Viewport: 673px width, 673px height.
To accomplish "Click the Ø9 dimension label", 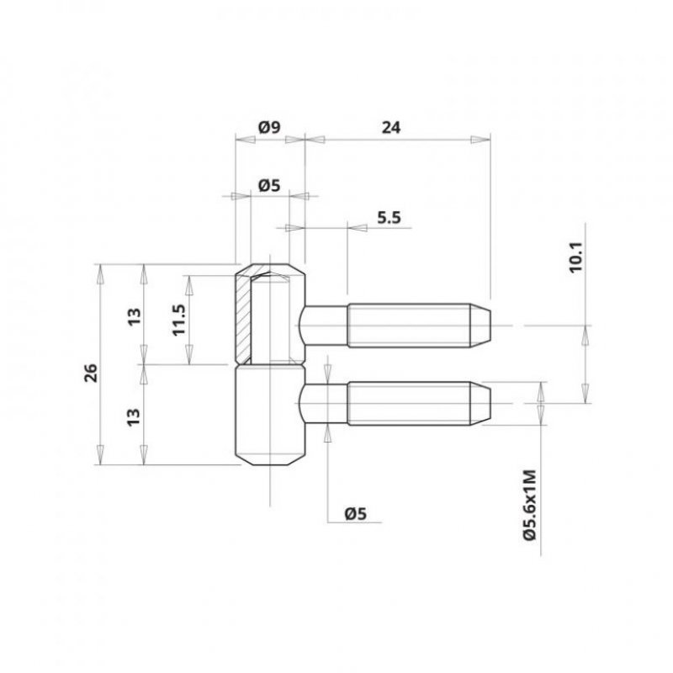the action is pyautogui.click(x=269, y=128).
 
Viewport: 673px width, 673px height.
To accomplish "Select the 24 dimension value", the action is pyautogui.click(x=391, y=128).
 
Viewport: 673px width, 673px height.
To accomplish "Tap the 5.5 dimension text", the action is pyautogui.click(x=389, y=218).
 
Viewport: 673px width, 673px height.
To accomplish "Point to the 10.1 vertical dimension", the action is pyautogui.click(x=575, y=257).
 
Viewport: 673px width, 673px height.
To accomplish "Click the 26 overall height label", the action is pyautogui.click(x=92, y=373).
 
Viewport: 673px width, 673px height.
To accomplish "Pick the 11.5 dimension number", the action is pyautogui.click(x=178, y=320).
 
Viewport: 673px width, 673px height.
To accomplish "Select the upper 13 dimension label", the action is pyautogui.click(x=135, y=317).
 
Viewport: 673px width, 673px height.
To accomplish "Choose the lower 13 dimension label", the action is pyautogui.click(x=134, y=416).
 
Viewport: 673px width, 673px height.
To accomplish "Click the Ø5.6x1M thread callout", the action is pyautogui.click(x=530, y=506).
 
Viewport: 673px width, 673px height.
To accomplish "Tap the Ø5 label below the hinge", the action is pyautogui.click(x=356, y=513).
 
